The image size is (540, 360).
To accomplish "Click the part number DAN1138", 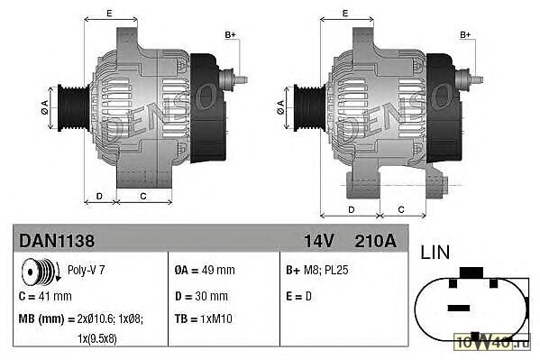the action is (57, 241).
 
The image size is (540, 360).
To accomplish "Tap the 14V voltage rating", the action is (319, 241).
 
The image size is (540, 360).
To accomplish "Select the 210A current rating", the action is (375, 241).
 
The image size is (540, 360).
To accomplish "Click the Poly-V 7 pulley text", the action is (87, 270).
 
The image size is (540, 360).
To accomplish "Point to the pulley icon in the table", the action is (41, 272).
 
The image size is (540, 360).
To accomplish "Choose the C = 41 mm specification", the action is (45, 296).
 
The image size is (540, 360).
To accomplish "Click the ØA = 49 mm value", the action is (205, 270).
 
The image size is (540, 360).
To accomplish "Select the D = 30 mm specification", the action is (201, 296).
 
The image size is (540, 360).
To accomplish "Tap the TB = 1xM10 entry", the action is (203, 318).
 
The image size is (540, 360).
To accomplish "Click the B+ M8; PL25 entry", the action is (316, 270).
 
